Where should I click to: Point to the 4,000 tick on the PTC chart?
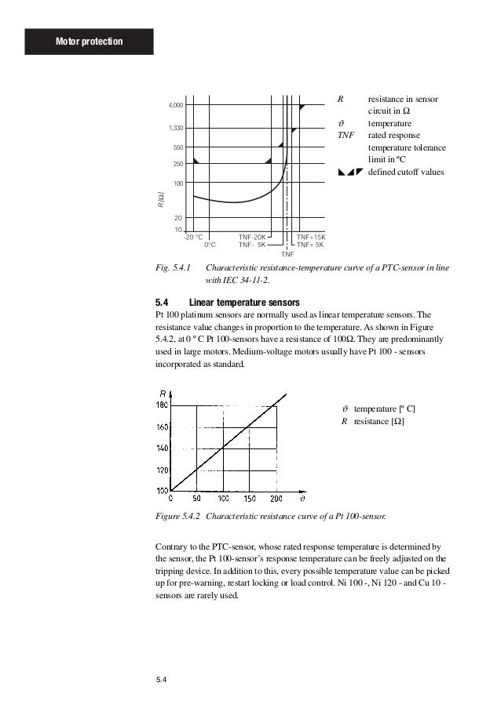point(175,105)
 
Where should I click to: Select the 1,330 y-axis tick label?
point(175,128)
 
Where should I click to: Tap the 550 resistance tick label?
point(177,147)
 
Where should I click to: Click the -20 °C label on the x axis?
point(193,236)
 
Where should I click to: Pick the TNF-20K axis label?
point(252,236)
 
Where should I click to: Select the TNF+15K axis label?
point(310,236)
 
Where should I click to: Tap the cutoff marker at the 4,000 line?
point(302,106)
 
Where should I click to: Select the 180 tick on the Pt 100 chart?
point(163,405)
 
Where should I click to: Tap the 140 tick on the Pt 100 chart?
point(163,448)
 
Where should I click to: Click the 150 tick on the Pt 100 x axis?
point(249,499)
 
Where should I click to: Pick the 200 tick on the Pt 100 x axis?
point(276,499)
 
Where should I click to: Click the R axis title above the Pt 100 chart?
point(162,393)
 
